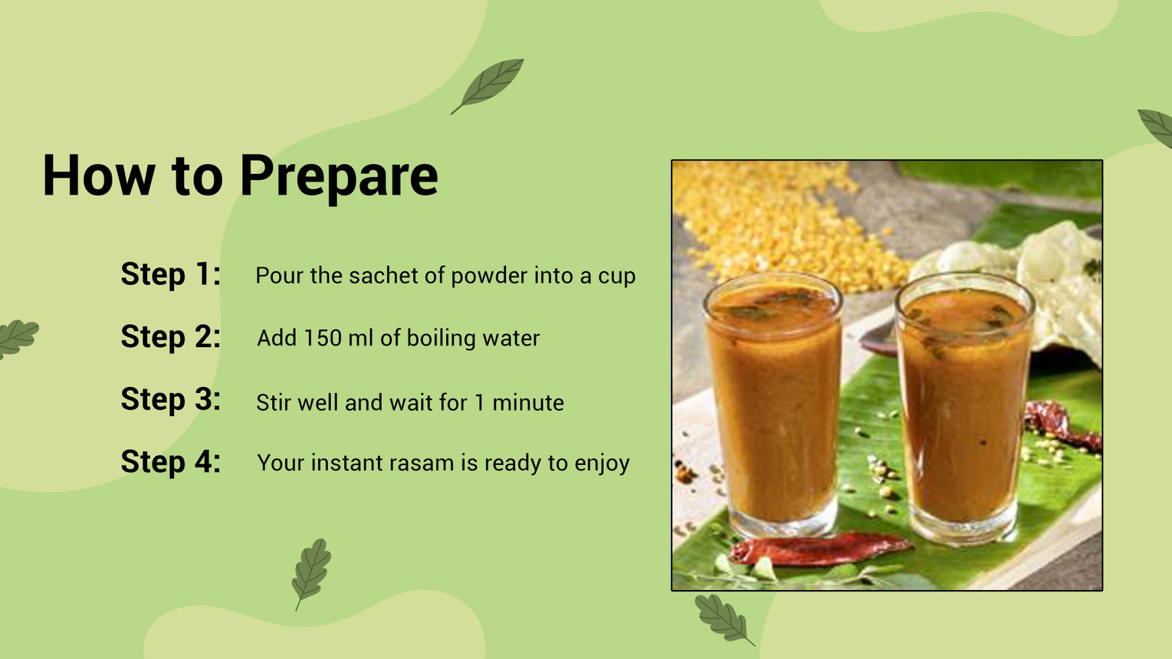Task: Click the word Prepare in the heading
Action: point(339,177)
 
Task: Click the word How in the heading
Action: point(99,175)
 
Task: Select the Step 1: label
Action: point(171,274)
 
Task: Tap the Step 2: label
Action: point(171,336)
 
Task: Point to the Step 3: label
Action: point(171,399)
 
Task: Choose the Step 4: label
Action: point(171,462)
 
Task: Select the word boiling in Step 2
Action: point(442,339)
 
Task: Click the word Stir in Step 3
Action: point(274,403)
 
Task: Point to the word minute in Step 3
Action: point(528,403)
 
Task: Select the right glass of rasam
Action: point(964,408)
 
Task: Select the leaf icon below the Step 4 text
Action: point(311,572)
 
